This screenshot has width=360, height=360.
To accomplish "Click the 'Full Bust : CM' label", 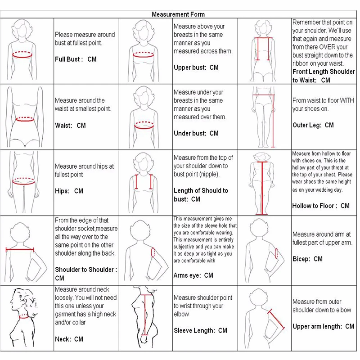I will pos(76,59).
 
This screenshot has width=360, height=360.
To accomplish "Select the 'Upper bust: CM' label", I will pos(196,67).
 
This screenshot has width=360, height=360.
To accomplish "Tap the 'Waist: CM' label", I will pos(70,125).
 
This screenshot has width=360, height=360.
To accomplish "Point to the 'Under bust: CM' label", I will pos(196,133).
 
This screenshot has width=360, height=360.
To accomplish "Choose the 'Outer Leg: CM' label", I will pos(313,125).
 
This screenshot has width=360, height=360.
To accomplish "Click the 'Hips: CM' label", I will pos(69,191).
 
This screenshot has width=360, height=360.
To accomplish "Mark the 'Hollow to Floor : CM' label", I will pos(321,206).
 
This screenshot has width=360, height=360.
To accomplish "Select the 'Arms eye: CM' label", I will pos(193,275).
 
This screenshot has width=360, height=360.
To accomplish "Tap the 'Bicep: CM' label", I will pos(307,259).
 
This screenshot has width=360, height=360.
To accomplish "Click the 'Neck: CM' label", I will pos(69,339).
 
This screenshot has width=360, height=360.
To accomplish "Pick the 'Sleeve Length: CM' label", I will pos(200,331).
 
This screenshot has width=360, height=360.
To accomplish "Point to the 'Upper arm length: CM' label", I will pos(323,326).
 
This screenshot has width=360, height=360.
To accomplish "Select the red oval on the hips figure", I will pos(24,181).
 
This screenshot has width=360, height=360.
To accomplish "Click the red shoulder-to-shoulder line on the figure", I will pos(20,249).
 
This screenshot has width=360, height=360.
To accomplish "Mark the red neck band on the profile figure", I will pos(24,316).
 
